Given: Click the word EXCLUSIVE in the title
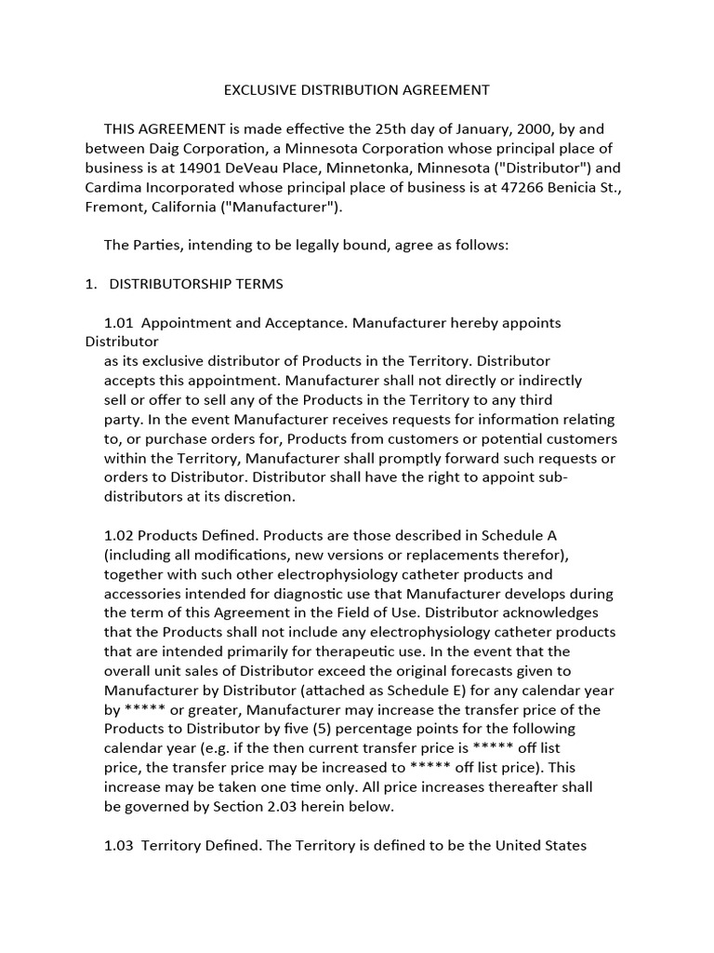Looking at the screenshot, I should point(258,90).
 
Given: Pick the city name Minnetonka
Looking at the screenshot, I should point(364,168).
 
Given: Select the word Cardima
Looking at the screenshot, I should point(112,187).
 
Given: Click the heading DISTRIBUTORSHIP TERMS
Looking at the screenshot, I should point(196,283).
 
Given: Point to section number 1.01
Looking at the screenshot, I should point(118,322).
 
